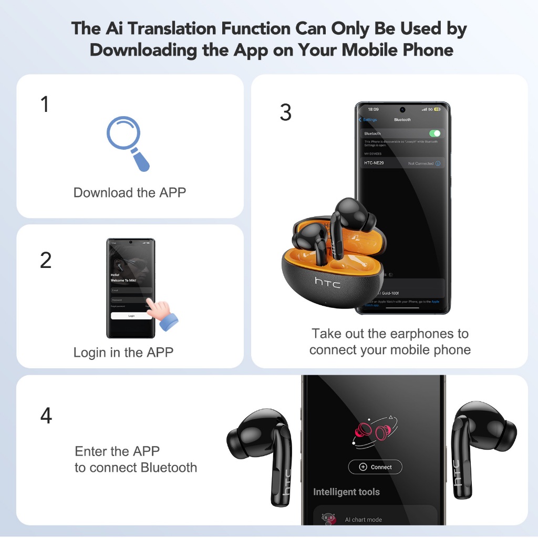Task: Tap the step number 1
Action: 45,105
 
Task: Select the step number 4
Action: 46,416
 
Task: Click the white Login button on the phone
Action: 131,316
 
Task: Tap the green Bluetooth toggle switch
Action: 434,133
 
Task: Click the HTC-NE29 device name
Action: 374,163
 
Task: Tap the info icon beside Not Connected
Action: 438,163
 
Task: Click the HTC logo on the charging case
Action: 327,282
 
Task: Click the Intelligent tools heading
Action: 346,492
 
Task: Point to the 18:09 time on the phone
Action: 373,109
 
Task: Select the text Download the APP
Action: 130,192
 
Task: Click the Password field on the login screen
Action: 129,299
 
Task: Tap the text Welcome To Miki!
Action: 123,280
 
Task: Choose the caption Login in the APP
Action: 123,352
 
